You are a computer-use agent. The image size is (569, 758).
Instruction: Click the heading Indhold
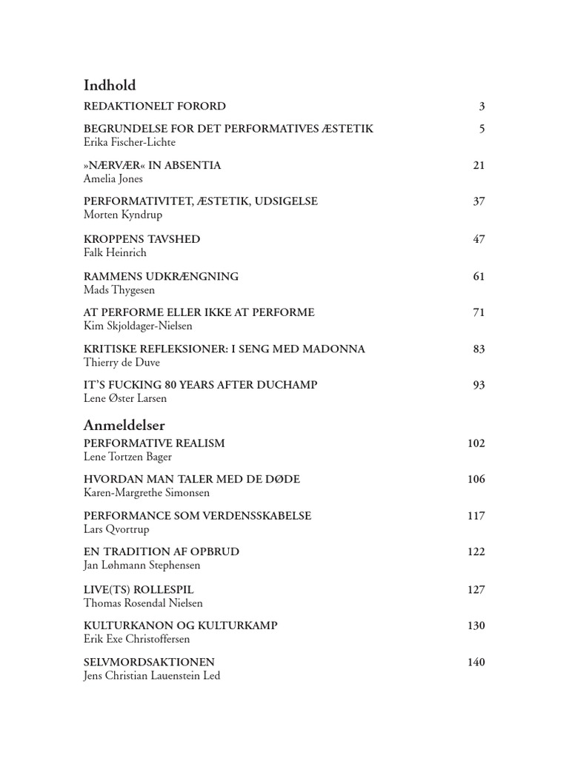(x=110, y=85)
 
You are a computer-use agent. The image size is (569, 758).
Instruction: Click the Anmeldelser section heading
(x=124, y=425)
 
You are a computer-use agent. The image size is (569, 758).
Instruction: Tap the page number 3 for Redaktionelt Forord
(x=482, y=107)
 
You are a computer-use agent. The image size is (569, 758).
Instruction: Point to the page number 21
(x=479, y=165)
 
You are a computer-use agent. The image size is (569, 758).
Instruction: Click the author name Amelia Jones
(x=113, y=178)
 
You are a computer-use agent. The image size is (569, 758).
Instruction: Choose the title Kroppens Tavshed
(x=142, y=239)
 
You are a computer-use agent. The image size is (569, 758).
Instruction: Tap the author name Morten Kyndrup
(x=124, y=215)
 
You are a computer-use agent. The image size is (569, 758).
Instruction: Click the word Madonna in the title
(x=337, y=349)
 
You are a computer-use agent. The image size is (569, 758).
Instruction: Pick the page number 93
(x=479, y=385)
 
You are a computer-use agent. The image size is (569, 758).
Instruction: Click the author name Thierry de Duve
(x=122, y=362)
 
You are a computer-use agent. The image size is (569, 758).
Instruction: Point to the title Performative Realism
(x=154, y=443)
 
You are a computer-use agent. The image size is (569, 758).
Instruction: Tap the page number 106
(x=476, y=479)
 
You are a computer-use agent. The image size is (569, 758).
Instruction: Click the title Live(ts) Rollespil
(x=139, y=589)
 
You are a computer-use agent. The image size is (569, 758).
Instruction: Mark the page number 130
(x=476, y=625)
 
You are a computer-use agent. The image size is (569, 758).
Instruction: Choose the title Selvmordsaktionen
(x=150, y=662)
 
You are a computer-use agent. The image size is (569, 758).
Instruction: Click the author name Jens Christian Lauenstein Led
(x=152, y=675)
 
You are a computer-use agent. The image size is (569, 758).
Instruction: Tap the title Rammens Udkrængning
(x=162, y=276)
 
